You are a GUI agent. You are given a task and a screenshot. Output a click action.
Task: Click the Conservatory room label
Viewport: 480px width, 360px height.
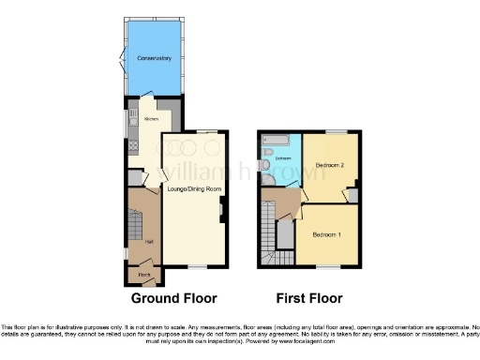154,59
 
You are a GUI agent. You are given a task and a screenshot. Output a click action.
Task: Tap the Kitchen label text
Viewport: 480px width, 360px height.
150,120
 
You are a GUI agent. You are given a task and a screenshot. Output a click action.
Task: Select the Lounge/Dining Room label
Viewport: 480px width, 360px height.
194,190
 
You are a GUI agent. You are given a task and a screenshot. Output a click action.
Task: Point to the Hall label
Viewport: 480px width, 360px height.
150,242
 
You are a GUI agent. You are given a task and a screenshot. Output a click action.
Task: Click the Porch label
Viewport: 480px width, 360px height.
145,275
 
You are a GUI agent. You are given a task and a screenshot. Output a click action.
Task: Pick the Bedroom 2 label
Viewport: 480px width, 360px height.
330,165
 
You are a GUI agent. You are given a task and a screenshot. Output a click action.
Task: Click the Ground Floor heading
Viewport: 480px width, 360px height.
173,298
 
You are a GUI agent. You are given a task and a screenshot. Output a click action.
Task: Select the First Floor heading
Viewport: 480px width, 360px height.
308,298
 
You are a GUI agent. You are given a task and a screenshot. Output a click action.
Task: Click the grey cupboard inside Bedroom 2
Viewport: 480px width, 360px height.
352,195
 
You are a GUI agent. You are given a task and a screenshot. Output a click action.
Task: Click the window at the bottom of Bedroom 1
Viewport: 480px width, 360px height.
327,267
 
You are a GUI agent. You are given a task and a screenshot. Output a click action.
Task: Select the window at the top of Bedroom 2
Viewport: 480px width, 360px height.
336,131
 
